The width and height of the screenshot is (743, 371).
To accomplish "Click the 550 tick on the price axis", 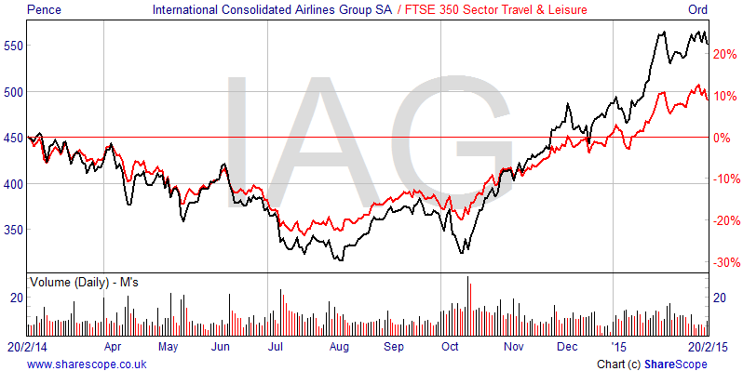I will (14, 46).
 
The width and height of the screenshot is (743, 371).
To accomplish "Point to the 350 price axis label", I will (14, 229).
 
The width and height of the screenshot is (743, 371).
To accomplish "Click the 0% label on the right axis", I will (723, 138).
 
